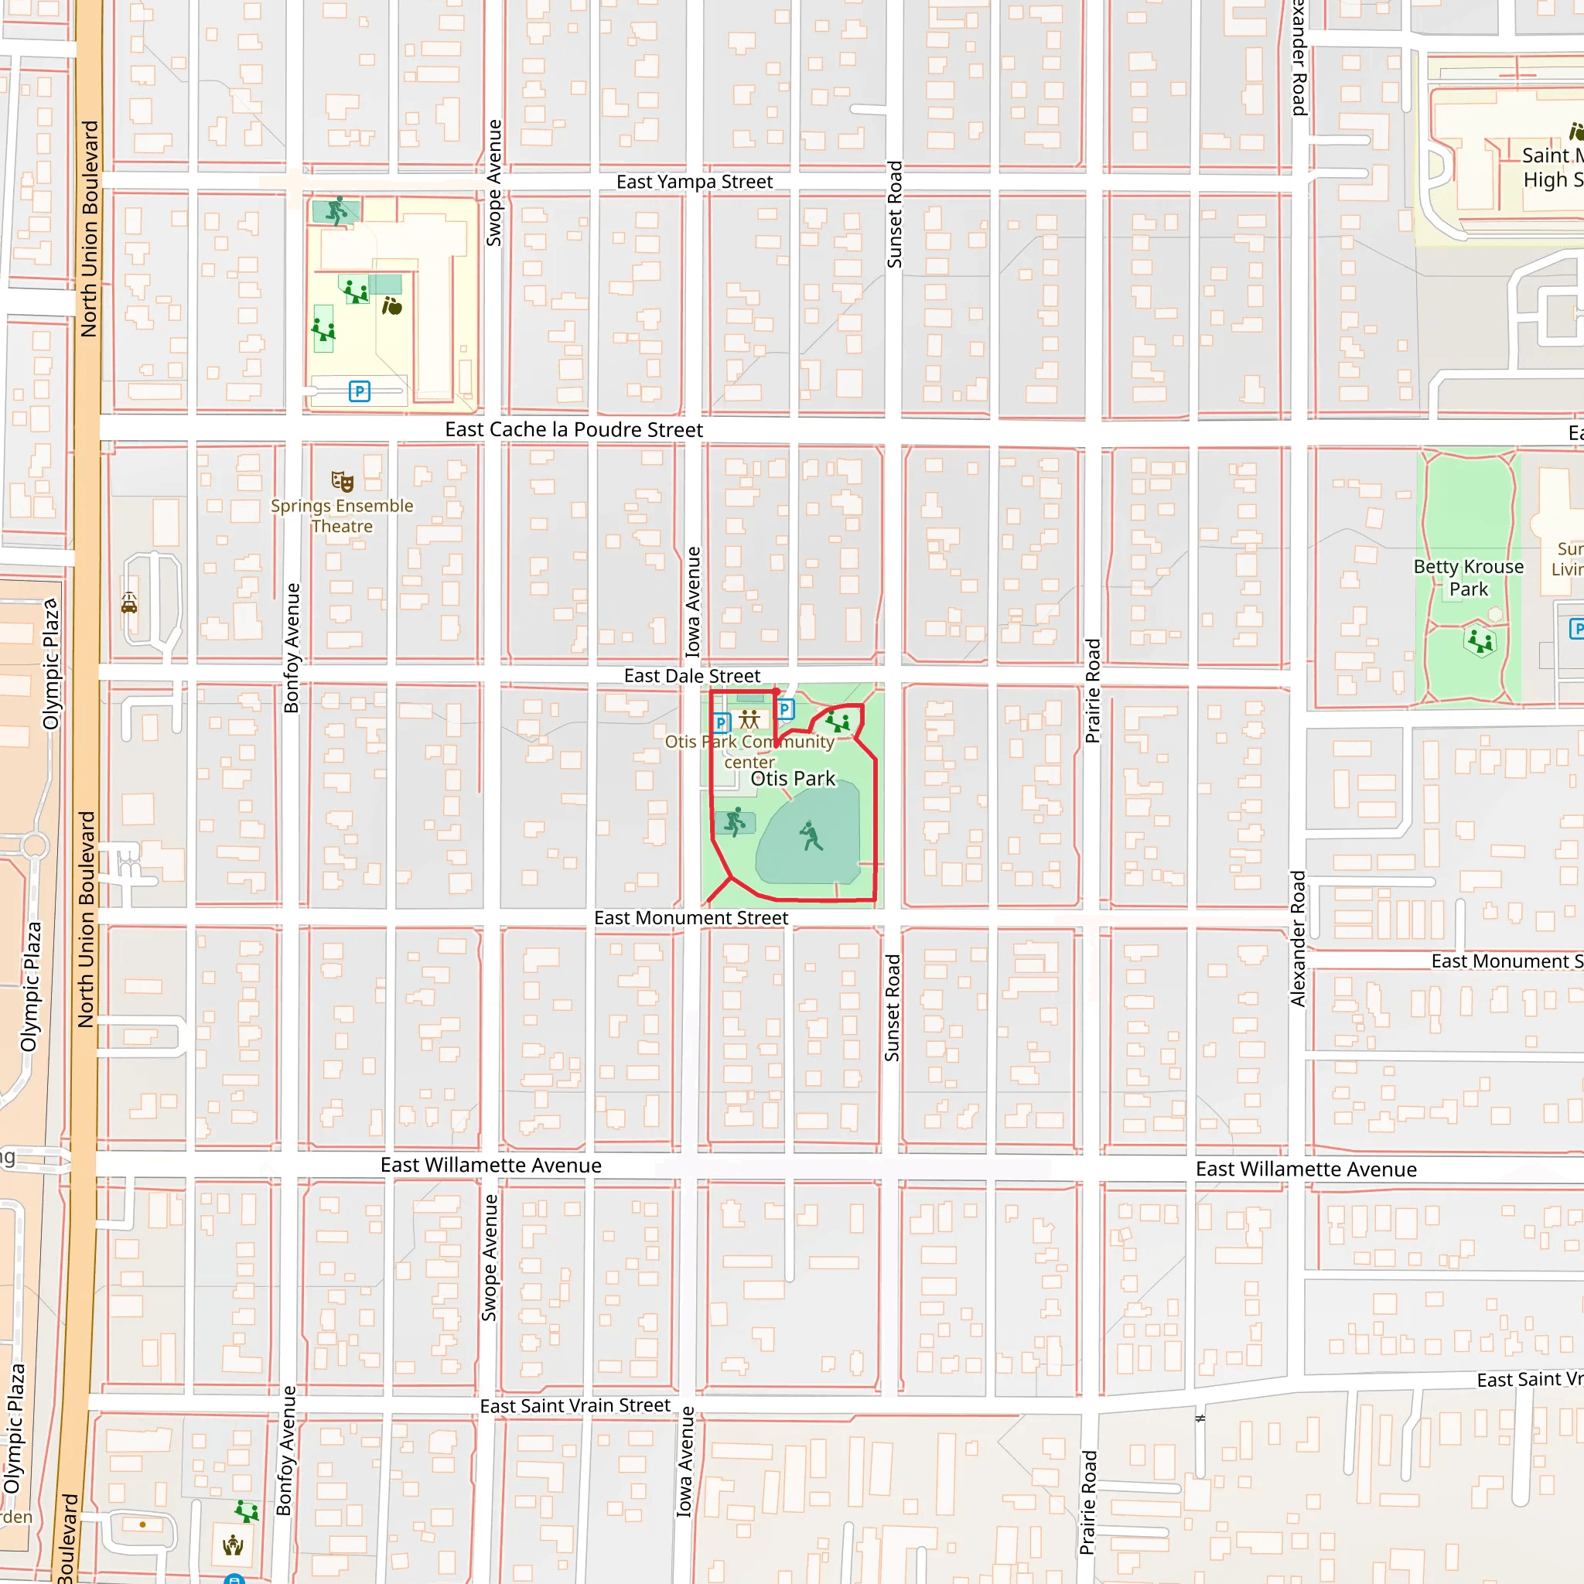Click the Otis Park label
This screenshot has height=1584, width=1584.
[x=792, y=778]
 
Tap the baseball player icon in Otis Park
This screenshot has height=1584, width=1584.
[x=811, y=836]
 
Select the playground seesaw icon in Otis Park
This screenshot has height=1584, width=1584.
[x=838, y=722]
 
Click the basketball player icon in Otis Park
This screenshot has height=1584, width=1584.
[x=735, y=821]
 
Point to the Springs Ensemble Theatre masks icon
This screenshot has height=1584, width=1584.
[x=342, y=481]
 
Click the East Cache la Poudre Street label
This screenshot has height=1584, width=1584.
[x=573, y=429]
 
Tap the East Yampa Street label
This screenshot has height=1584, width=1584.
[x=694, y=182]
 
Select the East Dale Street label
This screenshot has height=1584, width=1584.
[x=691, y=675]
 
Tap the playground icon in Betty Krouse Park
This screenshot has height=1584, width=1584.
[x=1480, y=640]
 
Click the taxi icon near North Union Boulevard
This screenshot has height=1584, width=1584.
[x=129, y=604]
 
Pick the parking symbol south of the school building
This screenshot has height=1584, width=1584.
[x=359, y=391]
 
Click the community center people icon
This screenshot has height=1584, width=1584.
[x=749, y=720]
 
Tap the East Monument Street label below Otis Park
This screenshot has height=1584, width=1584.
[x=691, y=917]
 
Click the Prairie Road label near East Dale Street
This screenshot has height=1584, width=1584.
[x=1092, y=691]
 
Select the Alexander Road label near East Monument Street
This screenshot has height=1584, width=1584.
[x=1297, y=939]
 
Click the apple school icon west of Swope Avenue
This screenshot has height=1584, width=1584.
[x=392, y=306]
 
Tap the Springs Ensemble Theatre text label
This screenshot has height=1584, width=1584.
[x=342, y=516]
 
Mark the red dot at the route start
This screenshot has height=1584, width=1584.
[x=777, y=691]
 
